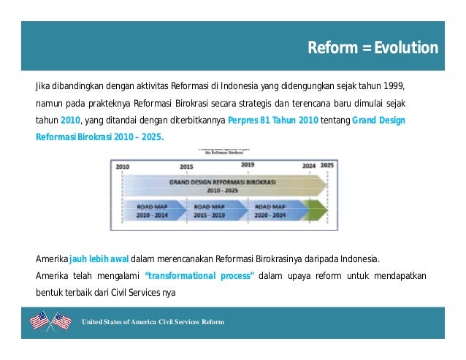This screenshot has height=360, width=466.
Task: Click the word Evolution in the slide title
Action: pyautogui.click(x=406, y=48)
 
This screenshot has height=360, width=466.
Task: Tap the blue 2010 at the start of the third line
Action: pyautogui.click(x=70, y=120)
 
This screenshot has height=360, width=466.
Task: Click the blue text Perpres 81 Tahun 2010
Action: pyautogui.click(x=272, y=120)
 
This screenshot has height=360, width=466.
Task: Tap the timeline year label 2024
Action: pyautogui.click(x=310, y=166)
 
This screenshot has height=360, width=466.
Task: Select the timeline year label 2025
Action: pyautogui.click(x=328, y=166)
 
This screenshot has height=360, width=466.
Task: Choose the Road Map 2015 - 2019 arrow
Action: pyautogui.click(x=211, y=210)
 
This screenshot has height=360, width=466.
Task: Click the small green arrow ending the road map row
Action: pyautogui.click(x=316, y=210)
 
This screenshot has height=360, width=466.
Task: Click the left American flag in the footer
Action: pyautogui.click(x=39, y=321)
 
